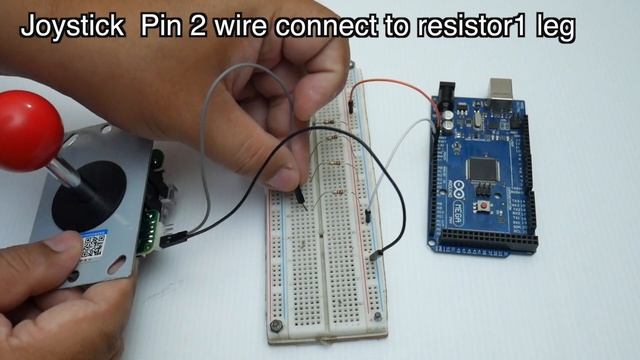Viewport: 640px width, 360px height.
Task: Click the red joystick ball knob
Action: click(28, 128)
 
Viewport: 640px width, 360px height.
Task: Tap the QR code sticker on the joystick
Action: click(94, 245)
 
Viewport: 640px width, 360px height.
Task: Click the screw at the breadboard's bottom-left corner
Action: click(275, 326)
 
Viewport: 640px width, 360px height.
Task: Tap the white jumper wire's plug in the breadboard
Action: click(368, 214)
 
